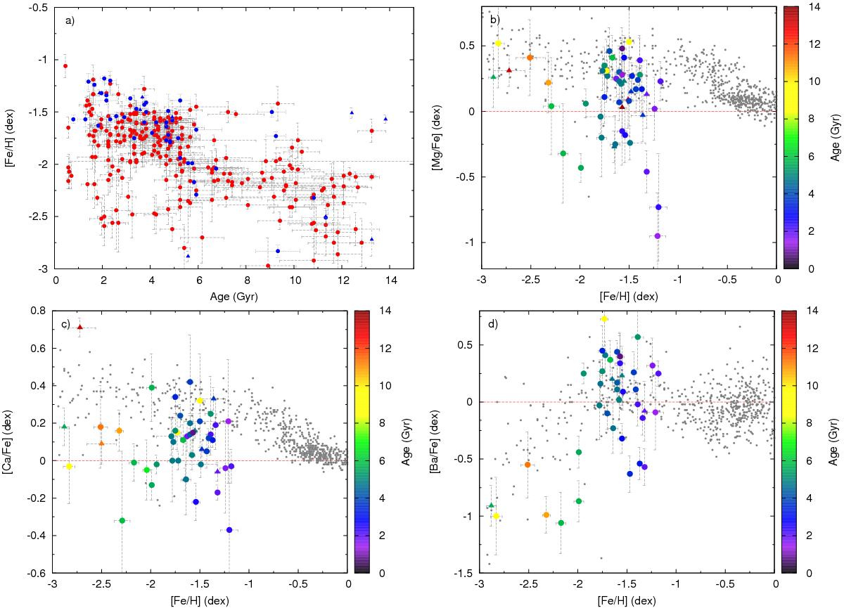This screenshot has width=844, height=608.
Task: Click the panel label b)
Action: point(494,20)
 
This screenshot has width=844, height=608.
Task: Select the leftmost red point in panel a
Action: point(65,66)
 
